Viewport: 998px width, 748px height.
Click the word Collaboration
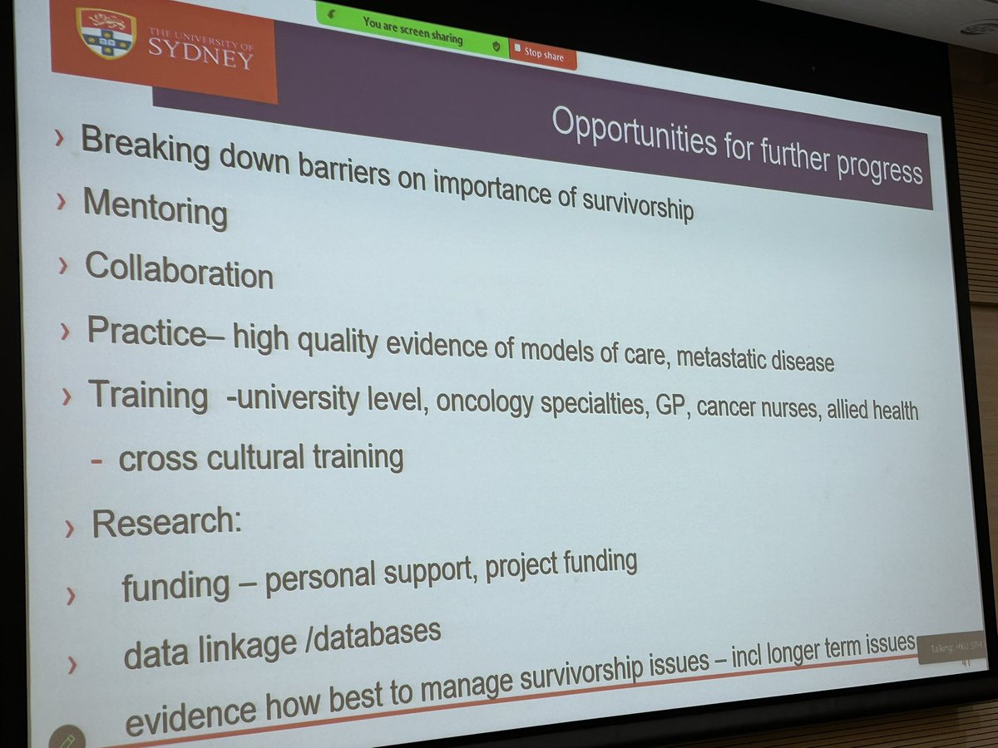pyautogui.click(x=179, y=270)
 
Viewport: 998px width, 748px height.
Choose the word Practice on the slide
pyautogui.click(x=146, y=332)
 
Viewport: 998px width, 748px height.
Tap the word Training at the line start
pyautogui.click(x=148, y=395)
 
